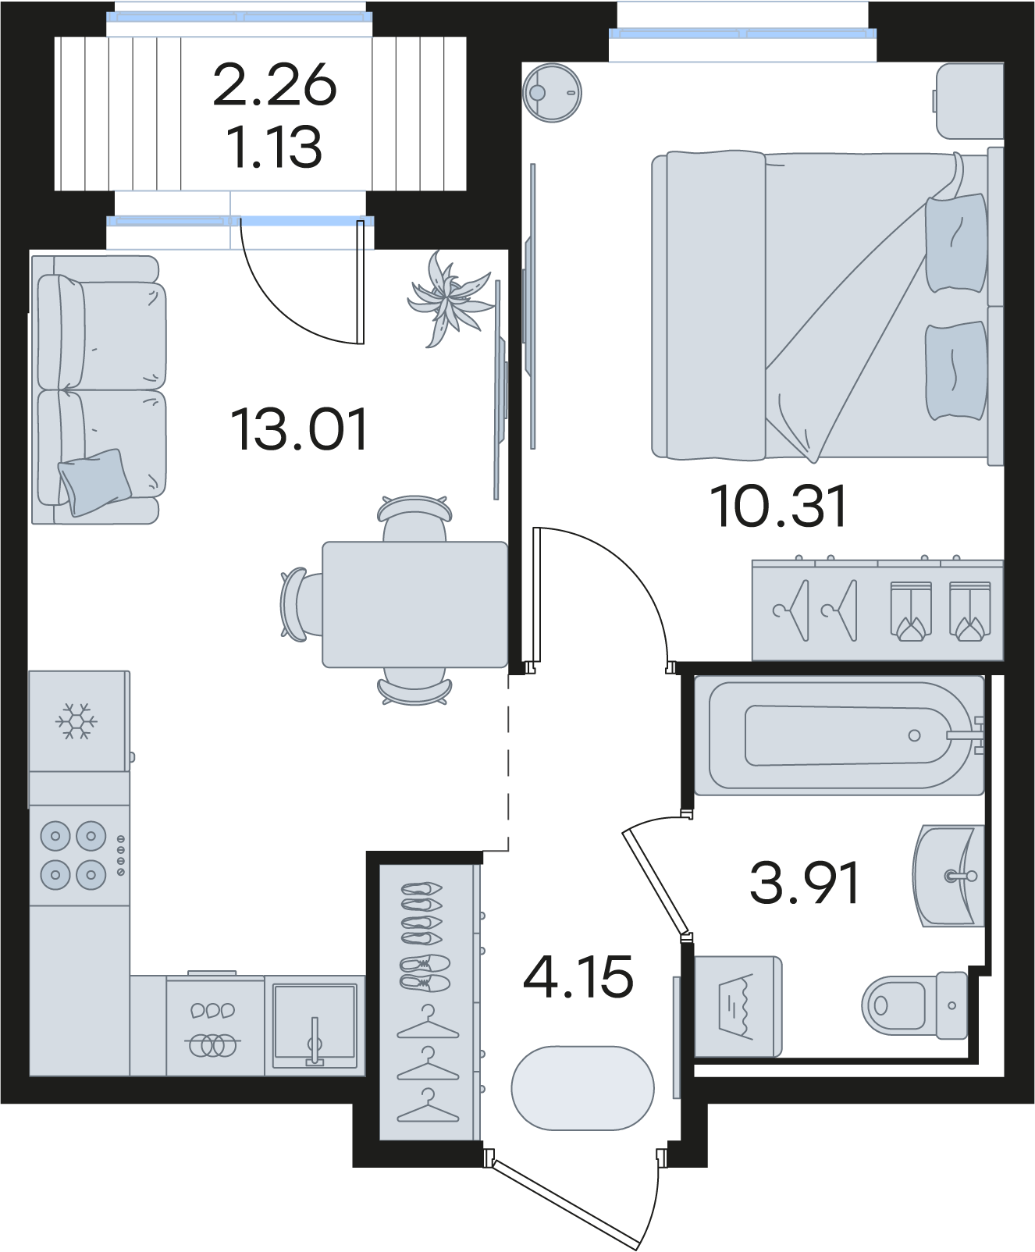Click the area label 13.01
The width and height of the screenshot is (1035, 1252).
pyautogui.click(x=299, y=429)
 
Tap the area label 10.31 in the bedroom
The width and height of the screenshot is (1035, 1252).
pyautogui.click(x=778, y=507)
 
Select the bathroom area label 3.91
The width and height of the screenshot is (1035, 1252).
pyautogui.click(x=804, y=882)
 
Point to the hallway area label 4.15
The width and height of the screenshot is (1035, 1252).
pyautogui.click(x=578, y=976)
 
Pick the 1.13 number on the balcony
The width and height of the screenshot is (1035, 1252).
pyautogui.click(x=274, y=147)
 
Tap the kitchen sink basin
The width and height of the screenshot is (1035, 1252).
pyautogui.click(x=315, y=1026)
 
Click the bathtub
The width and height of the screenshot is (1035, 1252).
pyautogui.click(x=840, y=735)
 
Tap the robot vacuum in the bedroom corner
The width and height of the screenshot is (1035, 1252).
pyautogui.click(x=553, y=92)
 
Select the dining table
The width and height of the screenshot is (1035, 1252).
pyautogui.click(x=415, y=604)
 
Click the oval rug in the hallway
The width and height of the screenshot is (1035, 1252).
pyautogui.click(x=582, y=1088)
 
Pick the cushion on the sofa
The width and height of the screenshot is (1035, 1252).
pyautogui.click(x=94, y=482)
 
